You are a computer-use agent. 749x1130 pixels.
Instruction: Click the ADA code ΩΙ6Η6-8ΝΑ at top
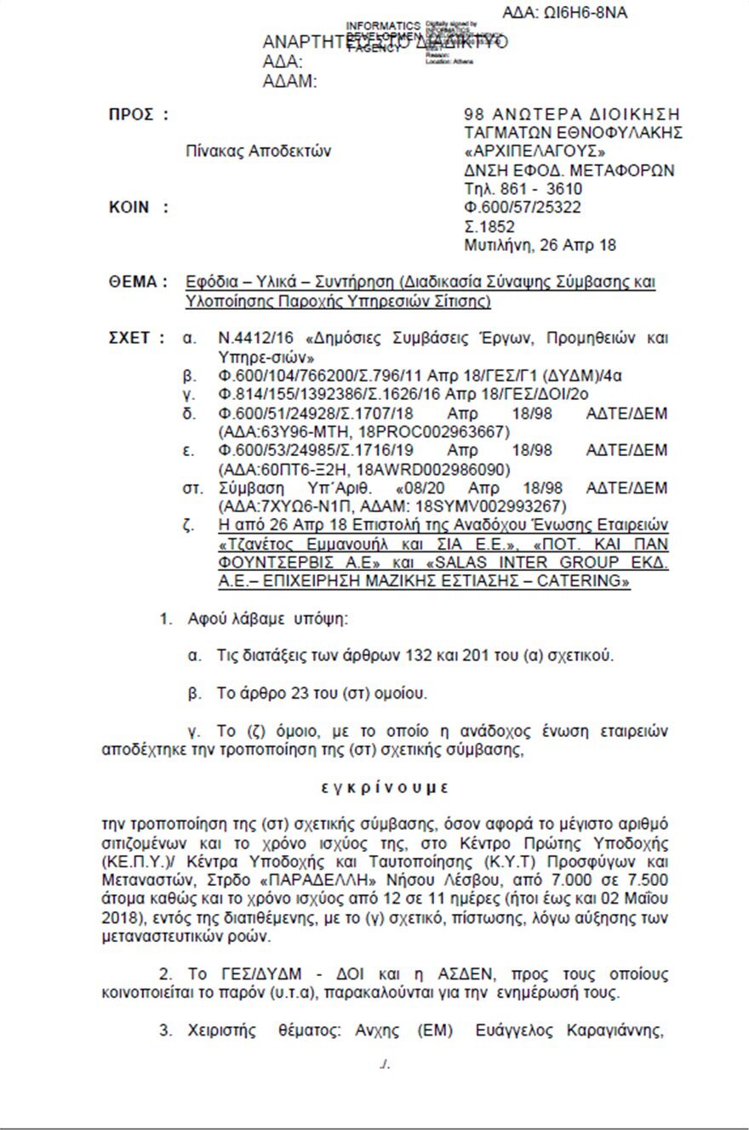[x=565, y=13]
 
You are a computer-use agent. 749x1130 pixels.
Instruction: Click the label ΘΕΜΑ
[x=137, y=282]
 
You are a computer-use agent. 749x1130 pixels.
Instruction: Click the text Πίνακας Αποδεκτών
[x=259, y=151]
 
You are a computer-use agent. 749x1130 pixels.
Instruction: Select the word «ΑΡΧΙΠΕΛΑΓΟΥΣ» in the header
[x=522, y=151]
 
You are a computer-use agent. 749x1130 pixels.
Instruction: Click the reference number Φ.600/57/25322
[x=523, y=208]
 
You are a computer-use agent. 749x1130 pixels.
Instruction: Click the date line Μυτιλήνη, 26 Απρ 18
[x=540, y=245]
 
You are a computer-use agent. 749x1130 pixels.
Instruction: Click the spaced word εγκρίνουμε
[x=385, y=788]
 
